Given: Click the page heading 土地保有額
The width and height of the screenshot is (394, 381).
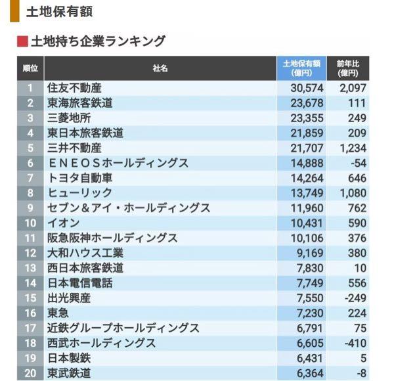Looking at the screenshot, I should click(x=58, y=12).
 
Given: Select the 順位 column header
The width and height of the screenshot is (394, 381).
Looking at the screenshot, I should click(x=30, y=68).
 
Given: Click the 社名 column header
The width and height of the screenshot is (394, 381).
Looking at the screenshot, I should click(x=160, y=68).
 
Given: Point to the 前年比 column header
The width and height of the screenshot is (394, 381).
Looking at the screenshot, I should click(x=347, y=68).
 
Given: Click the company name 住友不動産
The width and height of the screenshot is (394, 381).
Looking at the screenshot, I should click(x=75, y=87).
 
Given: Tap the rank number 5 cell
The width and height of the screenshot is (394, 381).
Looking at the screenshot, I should click(x=30, y=148).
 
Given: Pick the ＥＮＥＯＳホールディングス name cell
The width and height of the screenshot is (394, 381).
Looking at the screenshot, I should click(x=118, y=163).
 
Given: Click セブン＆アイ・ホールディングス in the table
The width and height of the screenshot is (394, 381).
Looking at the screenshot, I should click(x=129, y=208).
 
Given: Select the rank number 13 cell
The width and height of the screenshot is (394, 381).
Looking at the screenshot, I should click(x=30, y=268).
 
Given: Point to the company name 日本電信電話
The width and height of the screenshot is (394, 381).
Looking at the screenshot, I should click(x=79, y=283).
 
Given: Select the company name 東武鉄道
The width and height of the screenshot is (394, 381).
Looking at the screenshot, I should click(x=70, y=373).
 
